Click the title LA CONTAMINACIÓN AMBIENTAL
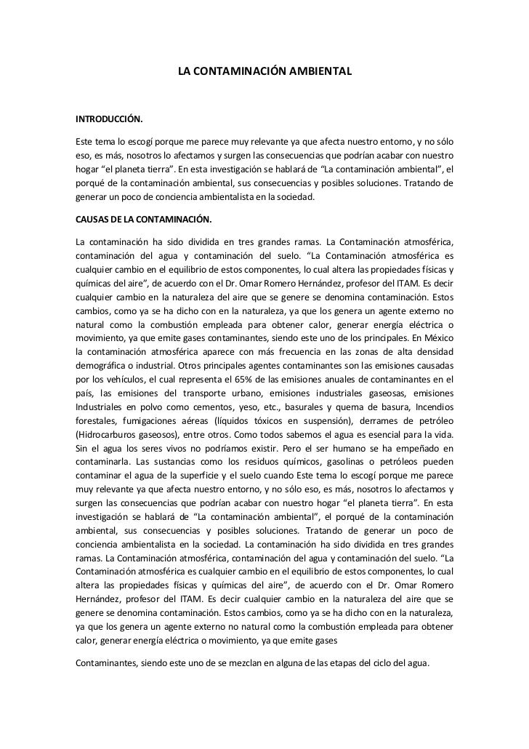[265, 73]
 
